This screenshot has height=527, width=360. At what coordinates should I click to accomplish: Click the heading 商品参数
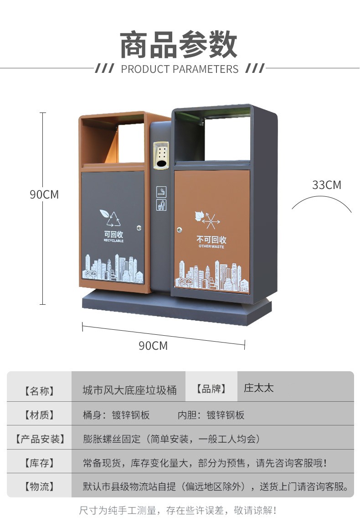tap(179, 45)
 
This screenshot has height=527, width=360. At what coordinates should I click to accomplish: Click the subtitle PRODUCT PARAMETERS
tap(180, 69)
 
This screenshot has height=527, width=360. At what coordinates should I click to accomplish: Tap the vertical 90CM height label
tap(44, 194)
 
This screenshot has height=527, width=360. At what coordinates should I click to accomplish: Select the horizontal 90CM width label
tap(153, 346)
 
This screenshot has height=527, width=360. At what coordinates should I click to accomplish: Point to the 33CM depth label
tap(326, 185)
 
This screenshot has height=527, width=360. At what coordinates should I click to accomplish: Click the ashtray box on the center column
tap(160, 155)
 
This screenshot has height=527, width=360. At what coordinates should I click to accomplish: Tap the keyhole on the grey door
tap(139, 227)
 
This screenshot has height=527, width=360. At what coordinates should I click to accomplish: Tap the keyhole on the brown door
tap(180, 230)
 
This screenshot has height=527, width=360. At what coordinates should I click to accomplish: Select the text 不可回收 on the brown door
tap(211, 240)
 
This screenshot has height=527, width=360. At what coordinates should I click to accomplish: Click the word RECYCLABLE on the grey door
tap(113, 240)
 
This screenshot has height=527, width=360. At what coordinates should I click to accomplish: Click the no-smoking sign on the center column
tap(161, 191)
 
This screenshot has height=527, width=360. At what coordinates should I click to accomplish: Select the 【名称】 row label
tap(39, 390)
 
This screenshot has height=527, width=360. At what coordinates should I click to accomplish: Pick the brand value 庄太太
tap(258, 388)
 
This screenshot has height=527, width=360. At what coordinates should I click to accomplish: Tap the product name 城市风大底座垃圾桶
tap(129, 390)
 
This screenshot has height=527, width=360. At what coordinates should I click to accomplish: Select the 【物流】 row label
tap(39, 486)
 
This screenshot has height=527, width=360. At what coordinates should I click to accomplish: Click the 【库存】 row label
tap(39, 463)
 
